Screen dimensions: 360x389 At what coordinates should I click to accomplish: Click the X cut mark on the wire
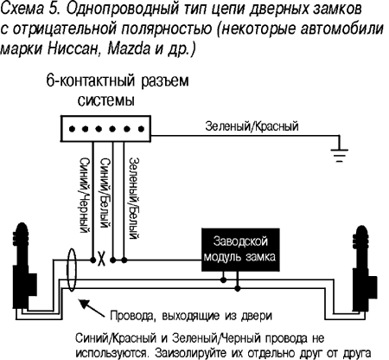tap(101, 256)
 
